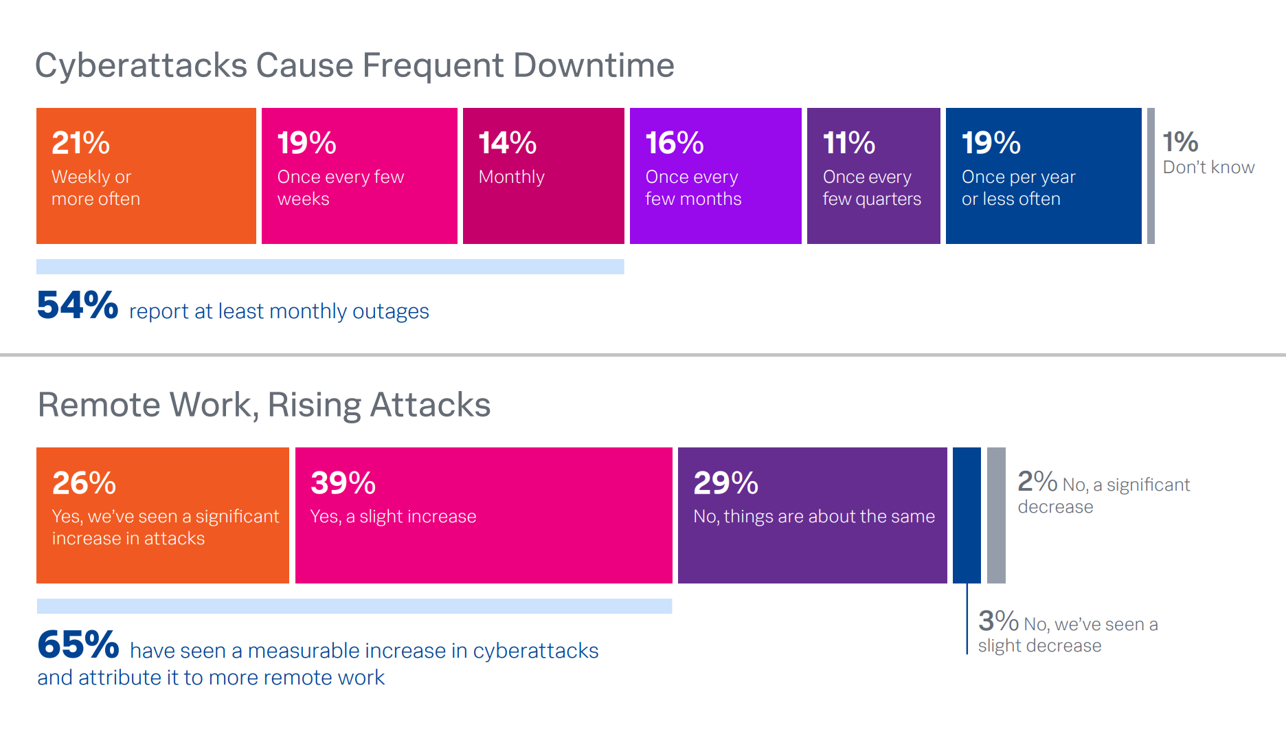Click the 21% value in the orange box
[80, 143]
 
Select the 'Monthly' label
[511, 177]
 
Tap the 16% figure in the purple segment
[674, 143]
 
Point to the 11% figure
[848, 143]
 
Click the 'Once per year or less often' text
[1018, 188]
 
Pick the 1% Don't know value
[1180, 142]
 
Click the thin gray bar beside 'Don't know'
[1151, 176]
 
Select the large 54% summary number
[77, 305]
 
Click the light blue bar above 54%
[330, 267]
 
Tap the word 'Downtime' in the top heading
[594, 66]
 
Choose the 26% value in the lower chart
[84, 482]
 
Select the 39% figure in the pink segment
[343, 482]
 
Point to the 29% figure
[725, 482]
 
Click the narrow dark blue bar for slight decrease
[967, 515]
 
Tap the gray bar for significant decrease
[996, 515]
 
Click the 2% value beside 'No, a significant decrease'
[1037, 481]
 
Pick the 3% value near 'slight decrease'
[998, 621]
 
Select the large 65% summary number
[78, 645]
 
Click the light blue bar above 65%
[354, 606]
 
